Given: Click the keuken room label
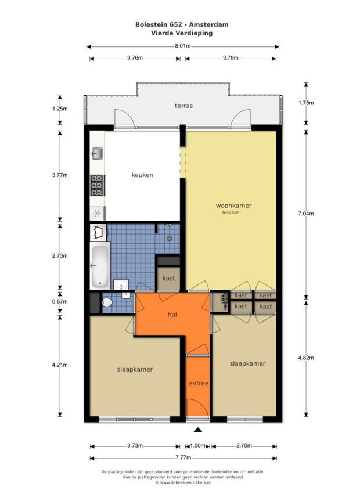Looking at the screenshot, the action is click(142, 175).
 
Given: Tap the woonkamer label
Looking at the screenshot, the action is click(233, 206).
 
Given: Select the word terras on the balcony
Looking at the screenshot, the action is click(184, 106).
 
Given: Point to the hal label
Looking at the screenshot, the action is click(172, 315).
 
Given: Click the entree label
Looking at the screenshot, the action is click(199, 383).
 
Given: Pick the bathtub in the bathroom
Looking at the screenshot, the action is click(99, 266).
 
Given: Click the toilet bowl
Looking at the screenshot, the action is click(107, 302).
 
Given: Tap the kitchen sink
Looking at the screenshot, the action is click(97, 154).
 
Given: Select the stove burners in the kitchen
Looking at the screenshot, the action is click(97, 185).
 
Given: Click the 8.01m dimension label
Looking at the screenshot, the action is click(182, 46).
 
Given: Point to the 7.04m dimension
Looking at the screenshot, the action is click(306, 214).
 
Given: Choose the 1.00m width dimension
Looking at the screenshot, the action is click(198, 446).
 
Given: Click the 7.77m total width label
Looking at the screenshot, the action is click(183, 457).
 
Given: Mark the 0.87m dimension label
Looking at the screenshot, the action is click(60, 302).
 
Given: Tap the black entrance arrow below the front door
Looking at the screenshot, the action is click(198, 430).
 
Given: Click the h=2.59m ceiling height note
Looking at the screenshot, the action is click(232, 212).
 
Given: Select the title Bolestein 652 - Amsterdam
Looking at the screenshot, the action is click(182, 24).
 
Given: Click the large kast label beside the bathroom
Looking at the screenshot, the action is click(168, 278).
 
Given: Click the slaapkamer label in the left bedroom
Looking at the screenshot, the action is click(135, 369).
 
